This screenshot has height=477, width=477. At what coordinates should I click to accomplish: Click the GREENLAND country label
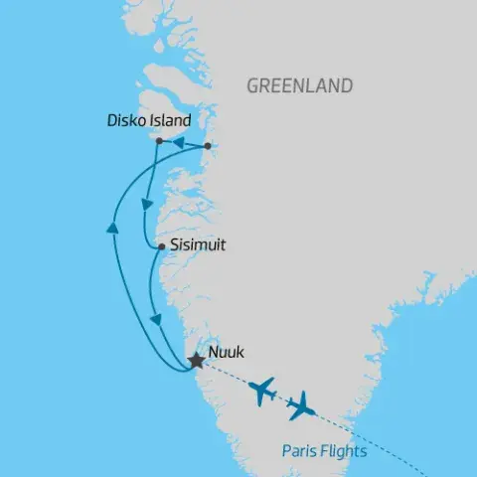click(299, 86)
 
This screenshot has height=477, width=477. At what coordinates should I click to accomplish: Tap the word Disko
click(125, 120)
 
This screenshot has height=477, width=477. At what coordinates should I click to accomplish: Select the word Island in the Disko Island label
click(170, 120)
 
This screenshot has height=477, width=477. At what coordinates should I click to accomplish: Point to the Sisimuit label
click(199, 242)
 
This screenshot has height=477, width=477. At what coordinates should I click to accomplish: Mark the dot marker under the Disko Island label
click(159, 142)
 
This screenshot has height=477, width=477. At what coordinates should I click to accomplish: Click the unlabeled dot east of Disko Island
click(207, 147)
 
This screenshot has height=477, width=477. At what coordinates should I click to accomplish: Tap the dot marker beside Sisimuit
click(161, 245)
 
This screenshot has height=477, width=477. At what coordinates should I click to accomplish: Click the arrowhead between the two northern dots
click(181, 144)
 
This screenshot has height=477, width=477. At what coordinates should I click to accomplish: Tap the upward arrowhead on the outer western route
click(111, 231)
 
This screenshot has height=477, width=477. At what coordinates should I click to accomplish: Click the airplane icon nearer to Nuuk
click(263, 390)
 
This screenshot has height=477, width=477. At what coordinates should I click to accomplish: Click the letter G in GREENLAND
click(252, 86)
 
